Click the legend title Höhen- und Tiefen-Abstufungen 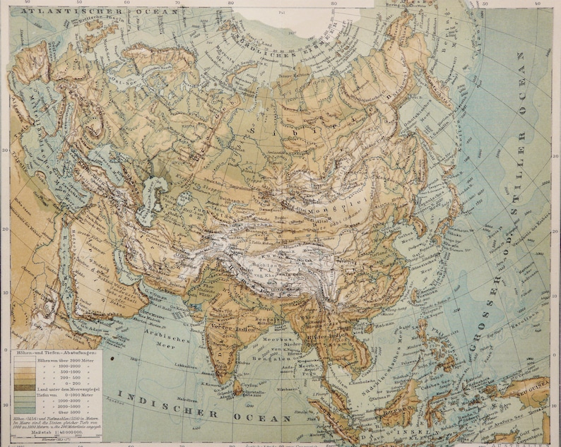56,352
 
